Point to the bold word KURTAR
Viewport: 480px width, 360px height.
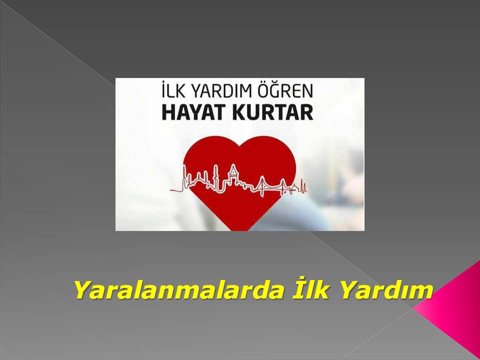tap(273, 112)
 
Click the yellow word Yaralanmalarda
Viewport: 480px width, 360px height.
tap(179, 289)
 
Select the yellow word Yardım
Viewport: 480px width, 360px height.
tap(386, 289)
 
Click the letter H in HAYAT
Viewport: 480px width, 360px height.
tap(168, 112)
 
